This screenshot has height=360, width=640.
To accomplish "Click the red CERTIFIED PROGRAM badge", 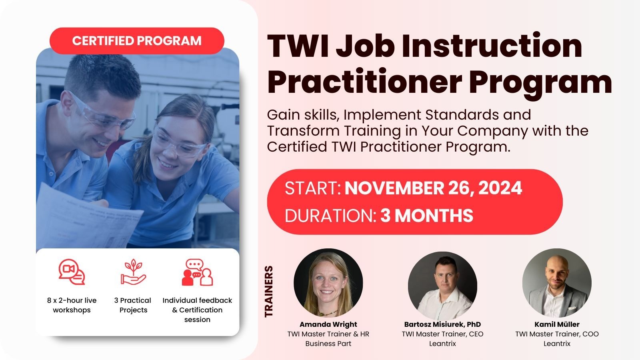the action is [x=137, y=41].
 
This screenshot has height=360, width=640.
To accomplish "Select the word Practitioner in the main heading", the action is [x=364, y=82].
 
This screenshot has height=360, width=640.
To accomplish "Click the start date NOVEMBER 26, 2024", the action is [x=434, y=188].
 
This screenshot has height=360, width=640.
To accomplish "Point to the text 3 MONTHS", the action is [x=426, y=216].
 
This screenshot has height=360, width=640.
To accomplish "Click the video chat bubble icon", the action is [x=72, y=272].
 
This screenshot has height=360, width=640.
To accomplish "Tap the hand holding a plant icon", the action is [x=133, y=272].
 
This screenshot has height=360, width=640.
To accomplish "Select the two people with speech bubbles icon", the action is [x=197, y=272].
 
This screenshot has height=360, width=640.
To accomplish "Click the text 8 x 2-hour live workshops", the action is [x=72, y=305].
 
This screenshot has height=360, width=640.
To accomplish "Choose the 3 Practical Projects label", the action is [x=133, y=305].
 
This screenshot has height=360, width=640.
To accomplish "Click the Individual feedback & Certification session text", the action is [x=197, y=310].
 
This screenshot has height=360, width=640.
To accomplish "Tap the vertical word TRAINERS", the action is [x=269, y=292].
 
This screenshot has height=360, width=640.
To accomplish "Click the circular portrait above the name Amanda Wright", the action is [x=328, y=283].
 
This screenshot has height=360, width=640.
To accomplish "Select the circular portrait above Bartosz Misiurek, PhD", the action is [x=442, y=286].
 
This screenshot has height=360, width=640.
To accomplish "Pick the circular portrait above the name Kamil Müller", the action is [x=557, y=283].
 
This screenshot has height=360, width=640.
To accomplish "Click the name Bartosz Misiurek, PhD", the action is [x=442, y=324].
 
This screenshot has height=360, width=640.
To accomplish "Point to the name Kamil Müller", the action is [x=557, y=324].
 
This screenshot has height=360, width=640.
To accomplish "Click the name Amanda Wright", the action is [x=328, y=324].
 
